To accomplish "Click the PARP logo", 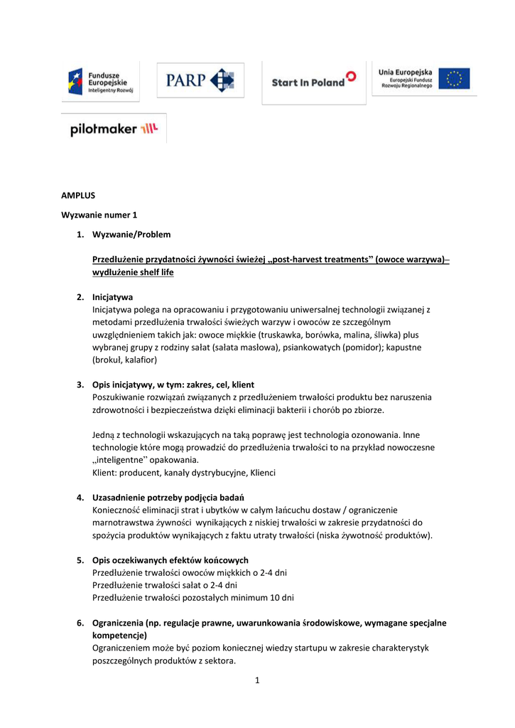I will click(x=200, y=80).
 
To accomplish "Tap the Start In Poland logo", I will click(x=313, y=81).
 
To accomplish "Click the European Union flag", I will click(x=453, y=79).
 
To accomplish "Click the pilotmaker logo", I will click(x=114, y=129).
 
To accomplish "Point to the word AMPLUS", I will click(x=78, y=194).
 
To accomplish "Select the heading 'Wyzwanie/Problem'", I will click(x=131, y=234).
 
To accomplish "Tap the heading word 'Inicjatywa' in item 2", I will click(x=112, y=296).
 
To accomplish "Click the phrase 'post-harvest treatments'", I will click(x=319, y=259).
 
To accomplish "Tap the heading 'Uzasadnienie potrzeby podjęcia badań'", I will click(x=169, y=497).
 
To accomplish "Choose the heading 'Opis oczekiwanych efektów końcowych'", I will click(x=170, y=560).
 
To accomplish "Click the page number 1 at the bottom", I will click(x=257, y=680).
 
